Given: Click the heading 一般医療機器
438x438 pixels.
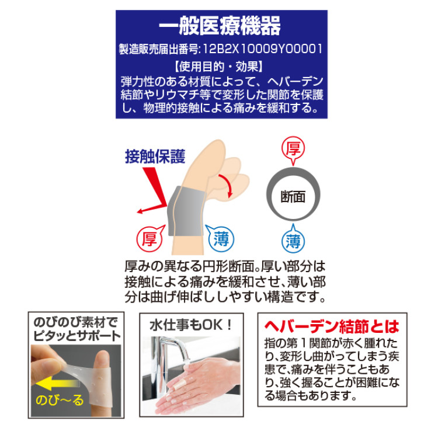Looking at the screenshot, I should (220, 26).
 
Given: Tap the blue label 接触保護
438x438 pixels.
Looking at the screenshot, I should (155, 157).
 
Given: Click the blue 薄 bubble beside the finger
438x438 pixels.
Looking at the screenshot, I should (221, 239).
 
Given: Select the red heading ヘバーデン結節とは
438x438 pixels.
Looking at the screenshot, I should (332, 326).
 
